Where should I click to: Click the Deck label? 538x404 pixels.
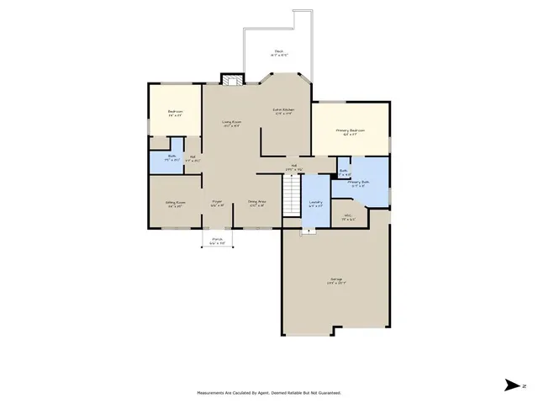click(x=277, y=50)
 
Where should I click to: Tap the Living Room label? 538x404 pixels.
click(x=231, y=124)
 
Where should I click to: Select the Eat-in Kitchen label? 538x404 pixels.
click(x=282, y=109)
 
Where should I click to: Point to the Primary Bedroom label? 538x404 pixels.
click(x=351, y=131)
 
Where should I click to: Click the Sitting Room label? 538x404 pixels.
click(x=175, y=203)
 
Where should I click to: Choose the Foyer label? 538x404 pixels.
click(x=217, y=202)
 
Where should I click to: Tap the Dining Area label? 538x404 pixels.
click(x=257, y=202)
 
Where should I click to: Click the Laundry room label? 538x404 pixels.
click(x=315, y=203)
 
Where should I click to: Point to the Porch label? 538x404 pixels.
click(x=217, y=239)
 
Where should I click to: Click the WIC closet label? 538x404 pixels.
click(x=348, y=216)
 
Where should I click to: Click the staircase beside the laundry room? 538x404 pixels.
click(x=291, y=200)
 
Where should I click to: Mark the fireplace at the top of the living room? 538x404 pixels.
click(x=231, y=80)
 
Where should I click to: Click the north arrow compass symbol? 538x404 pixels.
click(x=510, y=385)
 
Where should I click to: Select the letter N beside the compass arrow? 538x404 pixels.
click(x=523, y=385)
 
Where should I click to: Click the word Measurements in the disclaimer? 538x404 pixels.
click(x=211, y=393)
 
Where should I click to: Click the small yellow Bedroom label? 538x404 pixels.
click(x=175, y=112)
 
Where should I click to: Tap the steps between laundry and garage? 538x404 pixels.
click(x=309, y=231)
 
